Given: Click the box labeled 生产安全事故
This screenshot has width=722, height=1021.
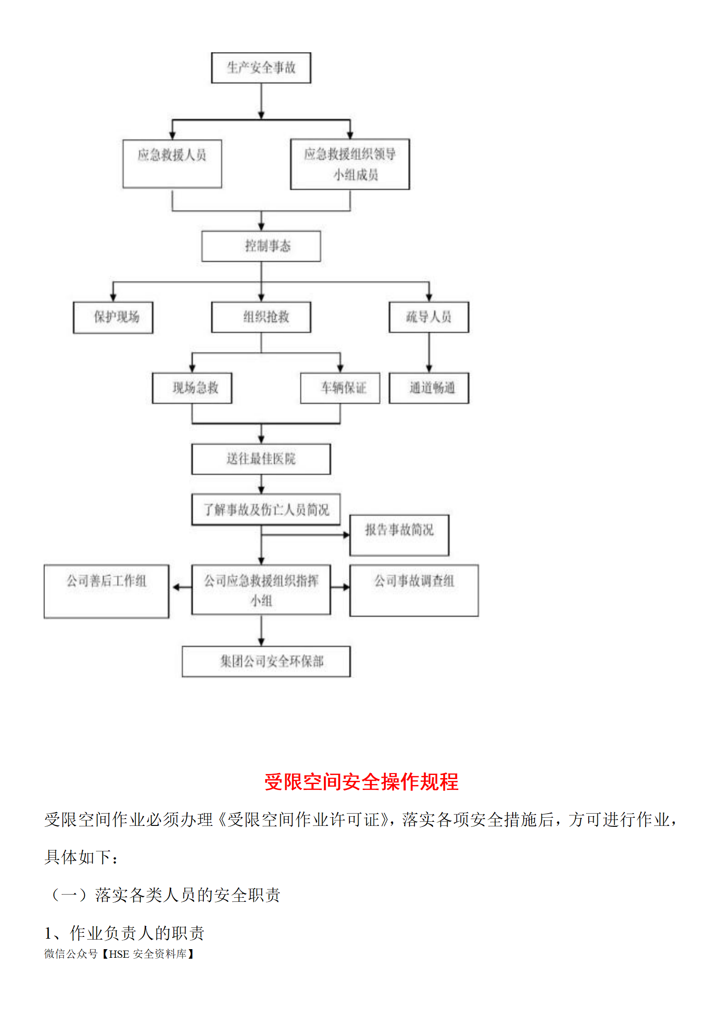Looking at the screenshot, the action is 261,68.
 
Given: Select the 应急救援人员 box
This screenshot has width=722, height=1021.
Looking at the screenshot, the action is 172,164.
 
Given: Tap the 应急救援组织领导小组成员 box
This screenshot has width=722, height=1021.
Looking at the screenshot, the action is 350,164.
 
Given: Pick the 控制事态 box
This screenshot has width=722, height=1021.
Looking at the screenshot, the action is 261,246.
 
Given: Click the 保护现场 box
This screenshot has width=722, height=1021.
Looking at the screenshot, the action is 113,317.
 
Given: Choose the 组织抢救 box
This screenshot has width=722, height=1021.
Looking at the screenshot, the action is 261,317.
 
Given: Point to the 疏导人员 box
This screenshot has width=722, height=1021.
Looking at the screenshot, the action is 429,317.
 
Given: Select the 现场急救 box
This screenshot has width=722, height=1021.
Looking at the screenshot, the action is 192,388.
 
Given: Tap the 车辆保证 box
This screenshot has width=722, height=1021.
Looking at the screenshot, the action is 340,388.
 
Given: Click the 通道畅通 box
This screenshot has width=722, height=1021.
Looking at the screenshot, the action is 429,388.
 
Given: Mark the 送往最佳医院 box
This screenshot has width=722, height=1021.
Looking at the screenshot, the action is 261,459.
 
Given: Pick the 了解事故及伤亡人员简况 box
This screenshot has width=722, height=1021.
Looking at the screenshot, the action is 266,509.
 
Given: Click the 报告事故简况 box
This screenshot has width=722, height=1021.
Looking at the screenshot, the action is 399,535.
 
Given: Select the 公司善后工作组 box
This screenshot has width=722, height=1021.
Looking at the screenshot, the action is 106,591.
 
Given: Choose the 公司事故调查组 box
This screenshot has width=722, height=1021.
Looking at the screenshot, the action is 414,590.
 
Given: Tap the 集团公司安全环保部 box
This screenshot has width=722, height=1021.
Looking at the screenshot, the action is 266,661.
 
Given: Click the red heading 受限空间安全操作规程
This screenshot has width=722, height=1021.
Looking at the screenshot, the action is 361,782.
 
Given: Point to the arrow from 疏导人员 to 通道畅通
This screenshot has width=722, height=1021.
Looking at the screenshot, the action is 429,352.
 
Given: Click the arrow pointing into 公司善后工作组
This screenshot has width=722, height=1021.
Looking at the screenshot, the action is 182,587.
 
